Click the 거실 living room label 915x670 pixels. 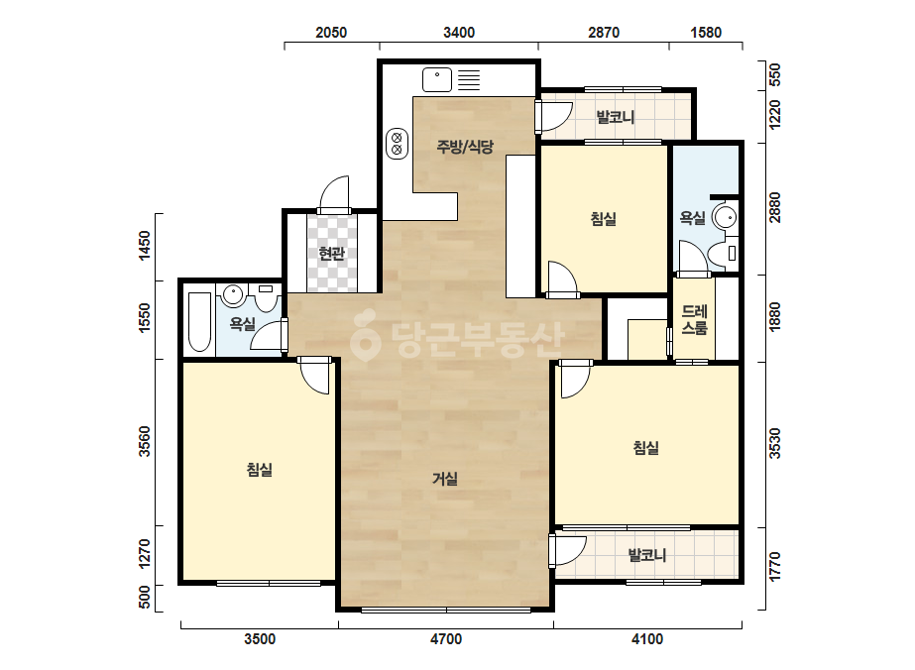click(x=445, y=479)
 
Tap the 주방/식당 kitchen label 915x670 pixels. click(x=465, y=146)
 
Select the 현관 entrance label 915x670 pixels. click(x=331, y=254)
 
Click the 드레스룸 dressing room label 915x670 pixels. click(x=694, y=320)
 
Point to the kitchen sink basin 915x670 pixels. click(x=437, y=80)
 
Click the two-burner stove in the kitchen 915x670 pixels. click(x=397, y=143)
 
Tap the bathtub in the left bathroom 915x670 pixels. click(x=199, y=321)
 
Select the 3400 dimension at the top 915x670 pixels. click(x=459, y=33)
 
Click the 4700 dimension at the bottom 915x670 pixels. click(x=446, y=639)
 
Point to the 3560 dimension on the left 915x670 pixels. click(x=144, y=441)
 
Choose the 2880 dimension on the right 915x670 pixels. click(x=774, y=207)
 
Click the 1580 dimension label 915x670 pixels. click(x=706, y=33)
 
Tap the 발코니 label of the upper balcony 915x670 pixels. click(x=615, y=117)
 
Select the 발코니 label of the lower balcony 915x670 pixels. click(x=647, y=554)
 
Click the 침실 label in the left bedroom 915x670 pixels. click(x=260, y=470)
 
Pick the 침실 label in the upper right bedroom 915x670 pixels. click(x=604, y=219)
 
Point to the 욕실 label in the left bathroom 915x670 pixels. click(x=242, y=323)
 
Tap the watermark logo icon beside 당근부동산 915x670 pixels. click(x=365, y=335)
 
